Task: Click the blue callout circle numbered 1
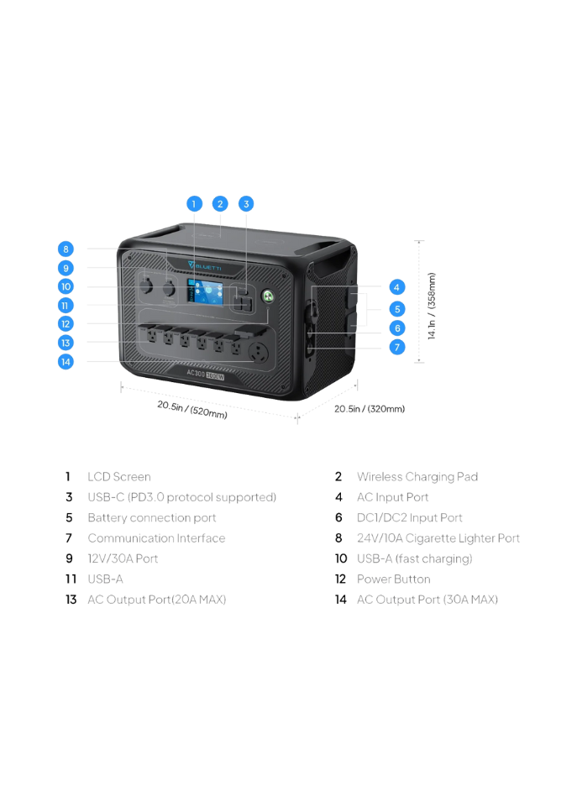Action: pyautogui.click(x=194, y=204)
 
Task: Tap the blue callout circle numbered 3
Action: pyautogui.click(x=246, y=204)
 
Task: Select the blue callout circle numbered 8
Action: pyautogui.click(x=66, y=249)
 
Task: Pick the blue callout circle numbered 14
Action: pyautogui.click(x=66, y=362)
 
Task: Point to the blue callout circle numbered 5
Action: pyautogui.click(x=397, y=309)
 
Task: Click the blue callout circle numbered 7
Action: pyautogui.click(x=397, y=348)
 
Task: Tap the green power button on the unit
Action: pyautogui.click(x=268, y=296)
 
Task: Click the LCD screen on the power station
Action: pyautogui.click(x=205, y=293)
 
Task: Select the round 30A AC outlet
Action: pyautogui.click(x=259, y=353)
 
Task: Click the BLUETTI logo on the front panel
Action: pyautogui.click(x=205, y=266)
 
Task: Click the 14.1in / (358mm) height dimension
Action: pyautogui.click(x=432, y=306)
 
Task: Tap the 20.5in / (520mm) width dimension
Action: pyautogui.click(x=192, y=410)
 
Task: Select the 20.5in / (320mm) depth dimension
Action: pyautogui.click(x=370, y=409)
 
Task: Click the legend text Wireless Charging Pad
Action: pyautogui.click(x=417, y=477)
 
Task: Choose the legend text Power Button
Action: pyautogui.click(x=393, y=579)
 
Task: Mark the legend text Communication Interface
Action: pyautogui.click(x=156, y=538)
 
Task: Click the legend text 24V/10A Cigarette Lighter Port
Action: pyautogui.click(x=438, y=538)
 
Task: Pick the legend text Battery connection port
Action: pyautogui.click(x=152, y=517)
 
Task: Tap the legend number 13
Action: pyautogui.click(x=71, y=600)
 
